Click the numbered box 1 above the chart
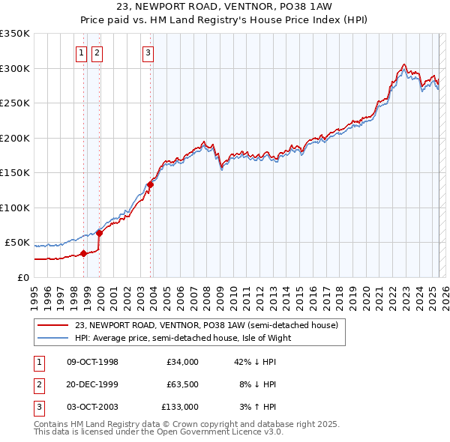80,52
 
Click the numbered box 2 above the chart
97,52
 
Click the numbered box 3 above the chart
148,52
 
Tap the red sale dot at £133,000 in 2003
150,184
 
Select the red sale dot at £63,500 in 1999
100,233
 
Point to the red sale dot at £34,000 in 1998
83,253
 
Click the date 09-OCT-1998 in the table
92,362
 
